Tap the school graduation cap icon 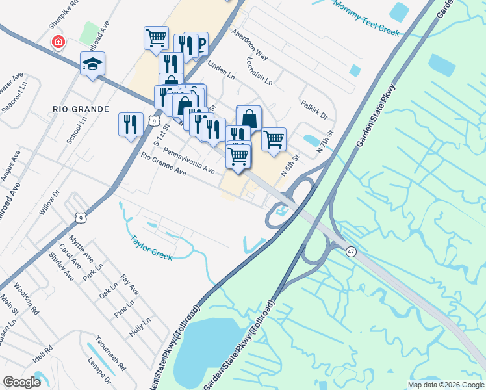pos(92,64)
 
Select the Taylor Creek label pos(152,247)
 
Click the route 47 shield pos(350,252)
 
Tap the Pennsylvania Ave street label pos(189,160)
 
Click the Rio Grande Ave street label pos(163,165)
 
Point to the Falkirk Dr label pos(314,110)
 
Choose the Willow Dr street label pos(49,202)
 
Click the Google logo pos(22,382)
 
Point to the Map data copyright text pos(444,385)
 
